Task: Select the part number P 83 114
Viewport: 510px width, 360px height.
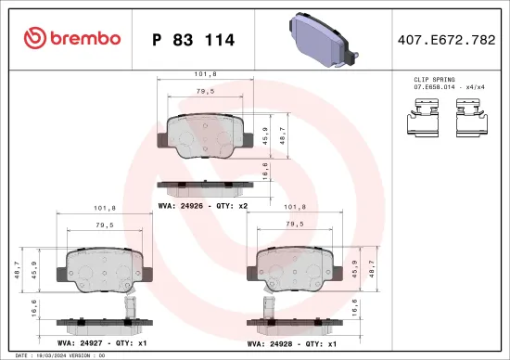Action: tap(192, 40)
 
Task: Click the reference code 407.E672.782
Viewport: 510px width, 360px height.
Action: tap(445, 40)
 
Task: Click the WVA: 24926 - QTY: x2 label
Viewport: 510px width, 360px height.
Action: tap(201, 205)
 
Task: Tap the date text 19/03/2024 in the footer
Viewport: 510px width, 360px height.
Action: tap(57, 354)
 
